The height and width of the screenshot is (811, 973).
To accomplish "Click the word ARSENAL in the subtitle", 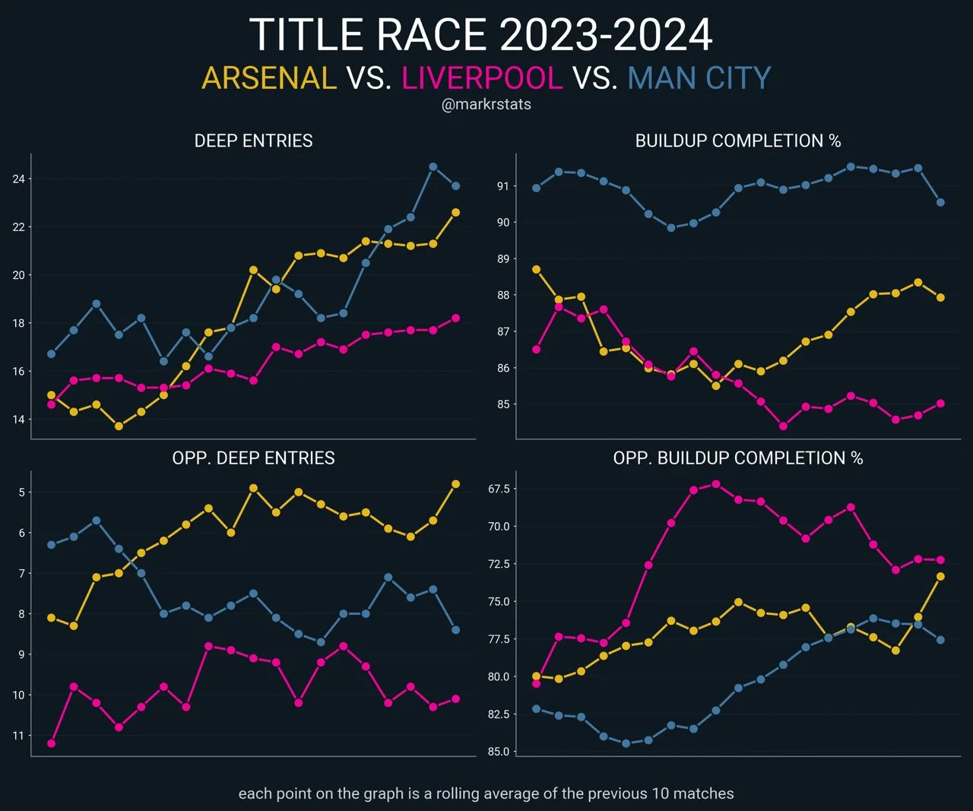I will [x=269, y=78].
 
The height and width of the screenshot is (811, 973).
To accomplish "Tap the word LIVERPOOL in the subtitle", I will [x=483, y=78].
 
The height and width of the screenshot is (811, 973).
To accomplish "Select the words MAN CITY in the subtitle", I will [x=699, y=78].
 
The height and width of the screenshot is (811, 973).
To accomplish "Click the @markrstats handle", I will [x=486, y=105].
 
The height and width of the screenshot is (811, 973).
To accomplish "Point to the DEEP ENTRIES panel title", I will [x=253, y=141].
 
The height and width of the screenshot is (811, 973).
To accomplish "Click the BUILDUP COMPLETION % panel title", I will [x=738, y=141].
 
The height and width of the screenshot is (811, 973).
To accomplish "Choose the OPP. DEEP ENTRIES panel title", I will [x=253, y=458].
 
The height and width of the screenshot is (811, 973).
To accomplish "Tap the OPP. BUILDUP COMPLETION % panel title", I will [x=738, y=458].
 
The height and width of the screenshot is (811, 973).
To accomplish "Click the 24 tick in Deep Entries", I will [x=18, y=179].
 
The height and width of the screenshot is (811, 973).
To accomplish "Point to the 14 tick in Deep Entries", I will [x=18, y=420].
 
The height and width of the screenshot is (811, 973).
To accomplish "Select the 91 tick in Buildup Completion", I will [x=502, y=186].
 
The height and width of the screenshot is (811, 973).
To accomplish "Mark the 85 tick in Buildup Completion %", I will [x=502, y=404].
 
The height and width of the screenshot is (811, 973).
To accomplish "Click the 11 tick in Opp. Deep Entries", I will [x=18, y=736].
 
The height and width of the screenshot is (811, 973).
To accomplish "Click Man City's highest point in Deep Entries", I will [x=433, y=166].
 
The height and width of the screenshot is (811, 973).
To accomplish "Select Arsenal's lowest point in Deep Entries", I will [x=119, y=426].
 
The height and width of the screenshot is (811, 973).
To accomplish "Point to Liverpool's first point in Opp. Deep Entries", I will [x=51, y=743].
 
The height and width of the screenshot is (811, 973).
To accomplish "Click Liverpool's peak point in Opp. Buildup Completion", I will [x=715, y=484].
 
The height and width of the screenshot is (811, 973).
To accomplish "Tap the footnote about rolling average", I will [x=486, y=794].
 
